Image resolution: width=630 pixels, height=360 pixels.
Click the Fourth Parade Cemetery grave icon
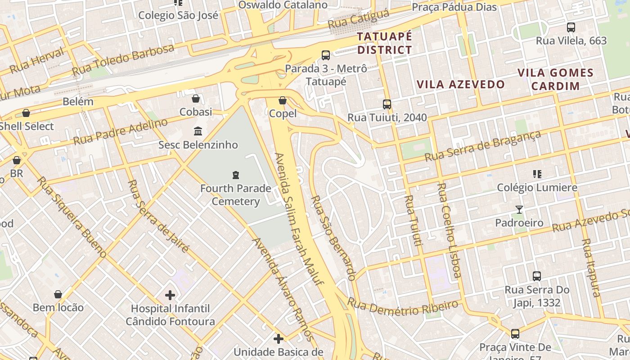tap(235, 175)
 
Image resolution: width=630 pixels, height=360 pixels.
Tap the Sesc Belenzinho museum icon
tap(198, 131)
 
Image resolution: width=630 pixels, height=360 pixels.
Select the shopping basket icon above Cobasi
tap(196, 98)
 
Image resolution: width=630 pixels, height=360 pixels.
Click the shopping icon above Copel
tap(283, 100)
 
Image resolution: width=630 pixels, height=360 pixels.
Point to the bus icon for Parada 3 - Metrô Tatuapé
tap(326, 55)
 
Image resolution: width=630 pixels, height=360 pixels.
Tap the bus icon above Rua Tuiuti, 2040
tap(387, 104)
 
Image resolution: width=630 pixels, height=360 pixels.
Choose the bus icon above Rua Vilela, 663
tap(571, 27)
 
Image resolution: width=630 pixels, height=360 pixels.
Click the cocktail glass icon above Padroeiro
tap(519, 209)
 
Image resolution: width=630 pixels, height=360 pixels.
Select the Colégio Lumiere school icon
tap(537, 174)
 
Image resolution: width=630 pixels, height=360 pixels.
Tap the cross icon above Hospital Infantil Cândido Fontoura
tap(170, 295)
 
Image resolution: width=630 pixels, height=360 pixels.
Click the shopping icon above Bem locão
tap(58, 294)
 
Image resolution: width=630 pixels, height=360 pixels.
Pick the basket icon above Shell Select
tap(26, 113)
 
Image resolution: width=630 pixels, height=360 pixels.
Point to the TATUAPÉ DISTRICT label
tap(384, 43)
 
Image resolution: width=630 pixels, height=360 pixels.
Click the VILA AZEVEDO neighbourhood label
tap(461, 84)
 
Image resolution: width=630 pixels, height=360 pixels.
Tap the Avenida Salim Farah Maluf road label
tap(299, 219)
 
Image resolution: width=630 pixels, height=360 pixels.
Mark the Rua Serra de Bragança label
tap(483, 146)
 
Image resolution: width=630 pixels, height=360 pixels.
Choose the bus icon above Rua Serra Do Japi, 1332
tap(537, 276)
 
